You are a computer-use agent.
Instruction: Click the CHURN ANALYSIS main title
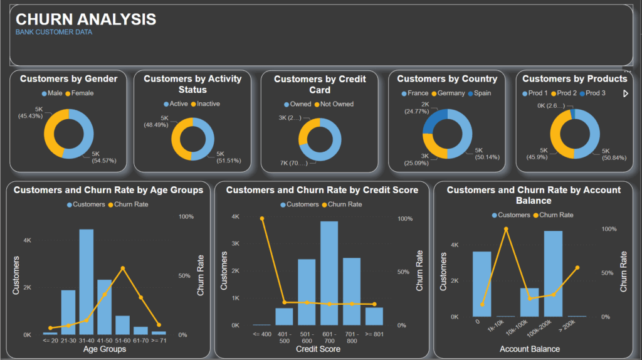pyautogui.click(x=86, y=19)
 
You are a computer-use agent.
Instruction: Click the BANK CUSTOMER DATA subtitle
pyautogui.click(x=54, y=32)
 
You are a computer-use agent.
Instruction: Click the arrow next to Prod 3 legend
pyautogui.click(x=625, y=93)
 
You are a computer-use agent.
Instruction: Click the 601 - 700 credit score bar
pyautogui.click(x=329, y=273)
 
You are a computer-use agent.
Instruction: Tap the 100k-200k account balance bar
pyautogui.click(x=553, y=273)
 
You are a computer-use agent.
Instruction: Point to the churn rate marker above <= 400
pyautogui.click(x=261, y=218)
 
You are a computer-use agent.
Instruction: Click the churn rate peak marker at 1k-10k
pyautogui.click(x=506, y=229)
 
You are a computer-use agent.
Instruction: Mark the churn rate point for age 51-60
pyautogui.click(x=123, y=268)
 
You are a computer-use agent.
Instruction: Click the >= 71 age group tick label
pyautogui.click(x=159, y=340)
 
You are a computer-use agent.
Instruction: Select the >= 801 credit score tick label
pyautogui.click(x=374, y=334)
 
